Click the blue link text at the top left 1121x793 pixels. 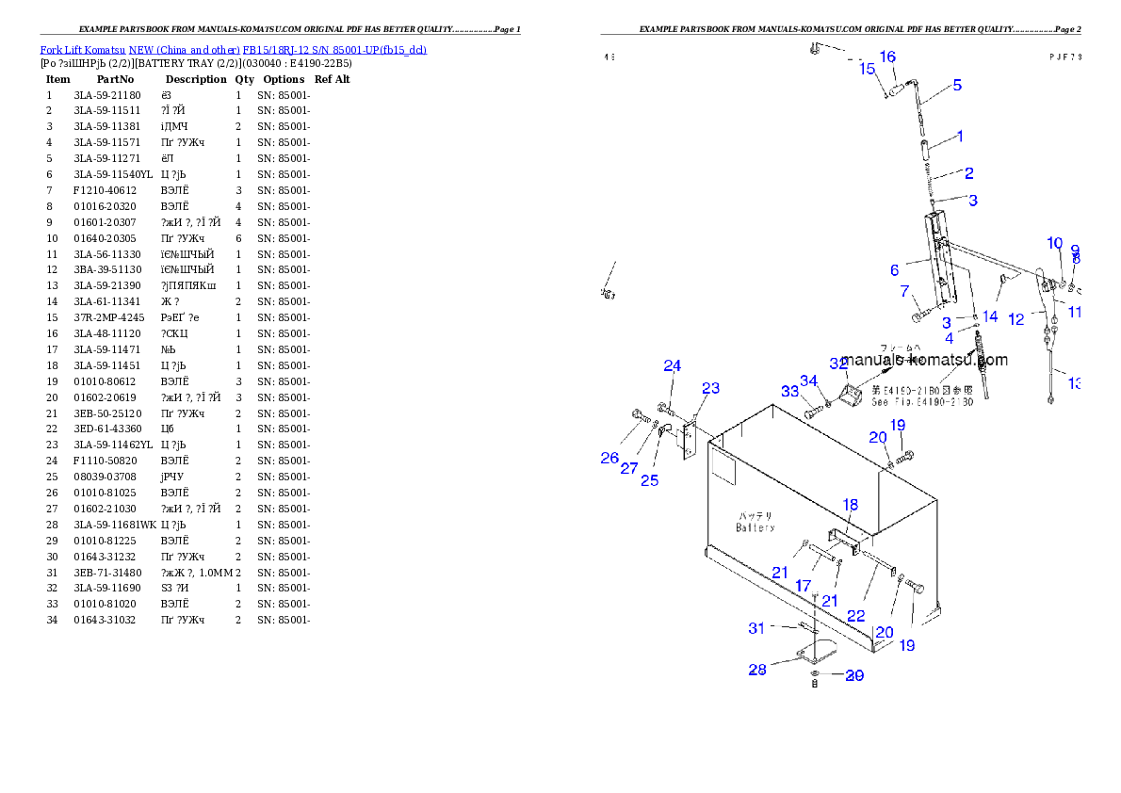click(233, 50)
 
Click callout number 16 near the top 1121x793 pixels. click(887, 57)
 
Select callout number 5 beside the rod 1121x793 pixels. click(957, 86)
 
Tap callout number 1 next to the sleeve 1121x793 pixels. click(960, 137)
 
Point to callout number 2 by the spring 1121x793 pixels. click(968, 173)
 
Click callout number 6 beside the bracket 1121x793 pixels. click(894, 270)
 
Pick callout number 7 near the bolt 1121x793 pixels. click(904, 291)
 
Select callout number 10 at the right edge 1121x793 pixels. click(1055, 243)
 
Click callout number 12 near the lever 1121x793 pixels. click(1015, 319)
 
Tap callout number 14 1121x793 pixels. click(990, 316)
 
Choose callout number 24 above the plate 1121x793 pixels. click(672, 365)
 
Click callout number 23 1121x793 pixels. click(710, 388)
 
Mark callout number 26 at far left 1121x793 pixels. click(609, 459)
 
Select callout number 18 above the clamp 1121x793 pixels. click(850, 505)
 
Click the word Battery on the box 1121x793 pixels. click(755, 528)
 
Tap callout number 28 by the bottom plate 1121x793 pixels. click(757, 670)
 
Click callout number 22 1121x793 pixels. click(855, 615)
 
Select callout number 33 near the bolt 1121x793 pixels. click(788, 391)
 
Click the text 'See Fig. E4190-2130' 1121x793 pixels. click(921, 402)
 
